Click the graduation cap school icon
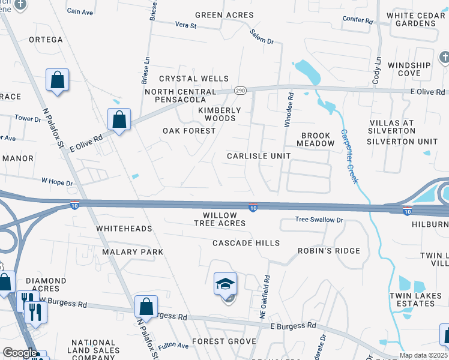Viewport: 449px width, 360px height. (226, 284)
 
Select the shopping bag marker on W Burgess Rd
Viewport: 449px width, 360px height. (146, 307)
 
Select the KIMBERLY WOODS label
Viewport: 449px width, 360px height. (220, 115)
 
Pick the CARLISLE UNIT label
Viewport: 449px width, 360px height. (259, 156)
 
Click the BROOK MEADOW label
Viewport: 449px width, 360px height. (317, 140)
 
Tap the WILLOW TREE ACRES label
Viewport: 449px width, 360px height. (220, 219)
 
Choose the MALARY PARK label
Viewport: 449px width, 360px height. (132, 252)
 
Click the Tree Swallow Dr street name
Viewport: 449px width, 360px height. (319, 220)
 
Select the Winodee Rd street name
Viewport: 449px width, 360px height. (290, 109)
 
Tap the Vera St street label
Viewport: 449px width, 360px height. (185, 25)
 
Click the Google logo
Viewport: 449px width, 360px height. (20, 353)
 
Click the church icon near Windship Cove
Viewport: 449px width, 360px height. (444, 58)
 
